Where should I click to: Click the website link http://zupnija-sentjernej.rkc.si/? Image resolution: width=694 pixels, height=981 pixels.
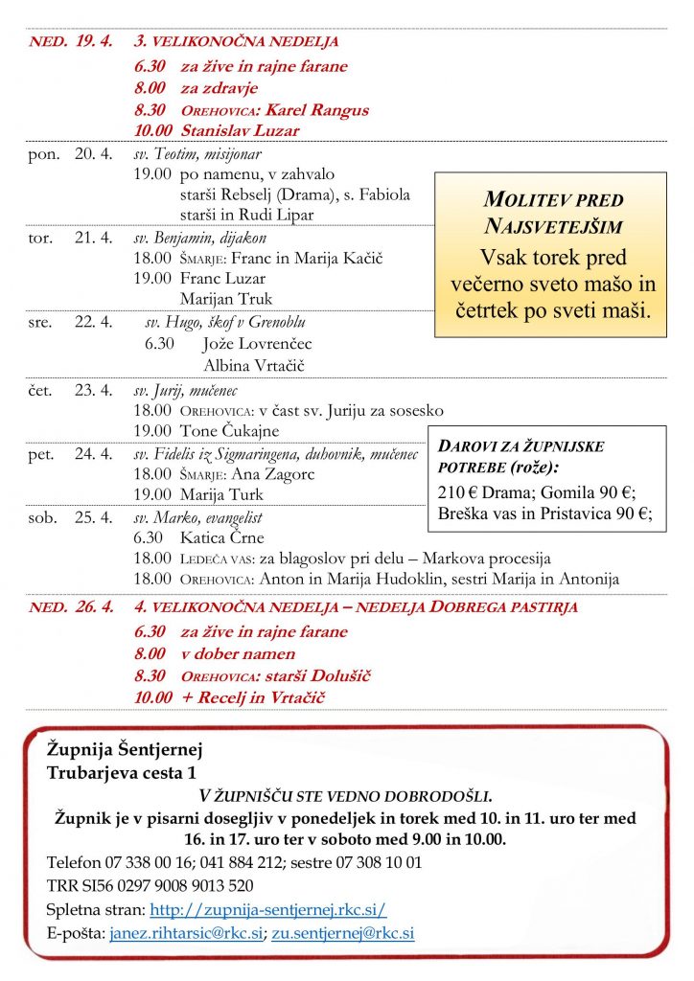coord(268,908)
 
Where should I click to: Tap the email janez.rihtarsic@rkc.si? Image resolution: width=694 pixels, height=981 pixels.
coord(186,932)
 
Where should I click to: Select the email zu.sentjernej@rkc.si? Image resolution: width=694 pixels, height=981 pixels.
coord(342,932)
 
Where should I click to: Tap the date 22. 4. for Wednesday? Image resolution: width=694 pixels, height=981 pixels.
coord(94,322)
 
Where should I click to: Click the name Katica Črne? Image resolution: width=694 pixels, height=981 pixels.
coord(221,537)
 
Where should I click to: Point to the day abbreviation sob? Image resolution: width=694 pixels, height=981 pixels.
coord(44,517)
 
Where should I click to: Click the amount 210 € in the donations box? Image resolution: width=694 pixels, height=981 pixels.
coord(456,492)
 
